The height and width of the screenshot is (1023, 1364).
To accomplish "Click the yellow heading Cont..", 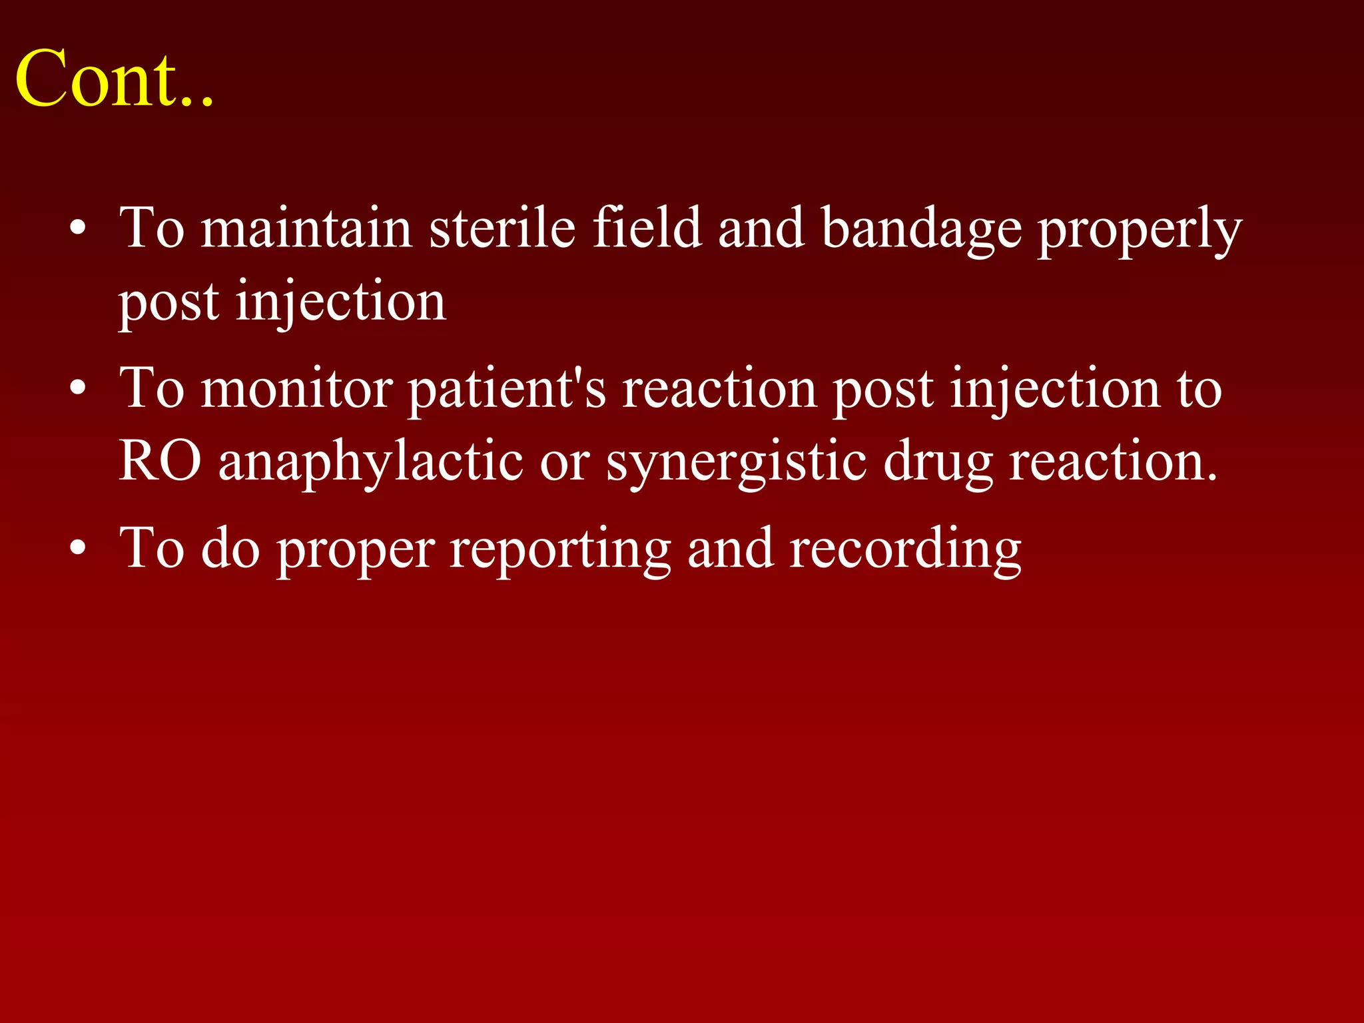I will tap(113, 79).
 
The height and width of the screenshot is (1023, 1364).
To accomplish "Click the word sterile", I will tap(502, 228).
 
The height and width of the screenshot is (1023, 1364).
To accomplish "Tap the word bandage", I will tap(921, 228).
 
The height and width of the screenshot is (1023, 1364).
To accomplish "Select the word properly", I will tap(1140, 228).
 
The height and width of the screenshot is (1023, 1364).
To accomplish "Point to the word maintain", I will tap(306, 228).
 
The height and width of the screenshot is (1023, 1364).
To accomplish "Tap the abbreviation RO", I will tap(160, 461).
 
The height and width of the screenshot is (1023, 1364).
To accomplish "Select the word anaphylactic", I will tap(370, 461).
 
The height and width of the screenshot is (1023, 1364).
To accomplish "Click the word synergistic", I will tap(736, 461).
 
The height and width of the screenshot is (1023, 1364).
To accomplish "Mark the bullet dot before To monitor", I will tap(78, 390).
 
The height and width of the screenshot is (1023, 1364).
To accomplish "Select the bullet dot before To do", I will tap(78, 550).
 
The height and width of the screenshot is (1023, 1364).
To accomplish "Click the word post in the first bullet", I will tap(169, 302).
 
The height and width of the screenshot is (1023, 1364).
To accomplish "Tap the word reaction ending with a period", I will tap(1113, 461).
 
